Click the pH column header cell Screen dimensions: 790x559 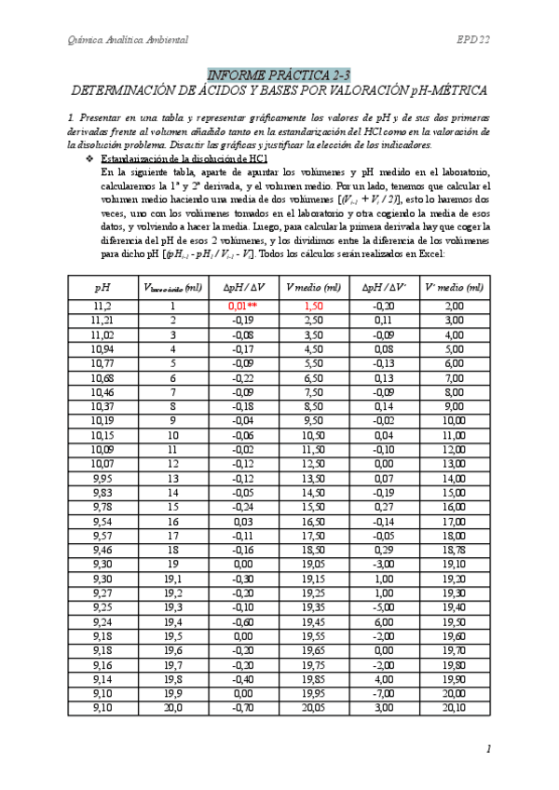click(102, 288)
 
